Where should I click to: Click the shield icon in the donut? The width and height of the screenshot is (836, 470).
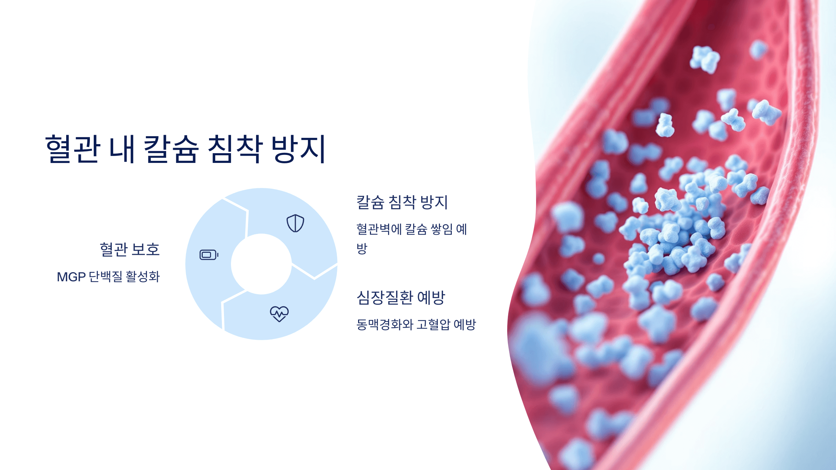click(x=295, y=223)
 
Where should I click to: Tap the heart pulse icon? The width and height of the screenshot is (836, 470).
click(x=279, y=314)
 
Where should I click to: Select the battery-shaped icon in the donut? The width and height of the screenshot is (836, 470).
click(x=209, y=255)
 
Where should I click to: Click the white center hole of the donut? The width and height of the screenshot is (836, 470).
click(x=261, y=264)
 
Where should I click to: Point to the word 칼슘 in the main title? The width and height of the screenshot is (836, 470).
click(x=171, y=149)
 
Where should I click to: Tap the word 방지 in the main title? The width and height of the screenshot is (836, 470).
click(x=299, y=149)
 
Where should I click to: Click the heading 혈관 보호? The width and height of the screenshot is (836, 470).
click(x=130, y=249)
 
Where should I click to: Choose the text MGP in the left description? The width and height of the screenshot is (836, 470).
click(x=71, y=277)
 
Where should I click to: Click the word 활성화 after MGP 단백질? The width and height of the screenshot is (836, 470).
click(x=142, y=277)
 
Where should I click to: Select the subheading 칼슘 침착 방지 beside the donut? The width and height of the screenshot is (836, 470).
click(x=402, y=202)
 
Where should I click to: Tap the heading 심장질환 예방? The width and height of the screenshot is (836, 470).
click(x=401, y=298)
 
